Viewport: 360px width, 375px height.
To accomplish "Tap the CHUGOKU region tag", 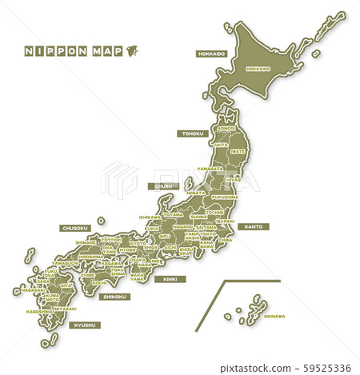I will click(74, 228).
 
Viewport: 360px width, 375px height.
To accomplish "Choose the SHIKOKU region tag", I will click(114, 297).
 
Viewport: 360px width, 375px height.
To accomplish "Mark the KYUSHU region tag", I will click(83, 325).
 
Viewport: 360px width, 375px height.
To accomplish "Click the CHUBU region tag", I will click(163, 186).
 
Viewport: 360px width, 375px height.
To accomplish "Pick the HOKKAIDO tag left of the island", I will click(211, 54).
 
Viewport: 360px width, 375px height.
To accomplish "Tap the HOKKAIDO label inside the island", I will click(258, 69).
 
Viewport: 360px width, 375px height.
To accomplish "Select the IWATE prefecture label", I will click(238, 150).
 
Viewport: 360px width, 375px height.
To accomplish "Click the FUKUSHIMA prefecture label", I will click(225, 196).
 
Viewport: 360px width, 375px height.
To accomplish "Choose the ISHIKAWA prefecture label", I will click(150, 217).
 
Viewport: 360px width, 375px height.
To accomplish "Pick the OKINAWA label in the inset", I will click(274, 316).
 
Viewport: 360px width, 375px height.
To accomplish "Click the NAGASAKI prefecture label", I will click(33, 289).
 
